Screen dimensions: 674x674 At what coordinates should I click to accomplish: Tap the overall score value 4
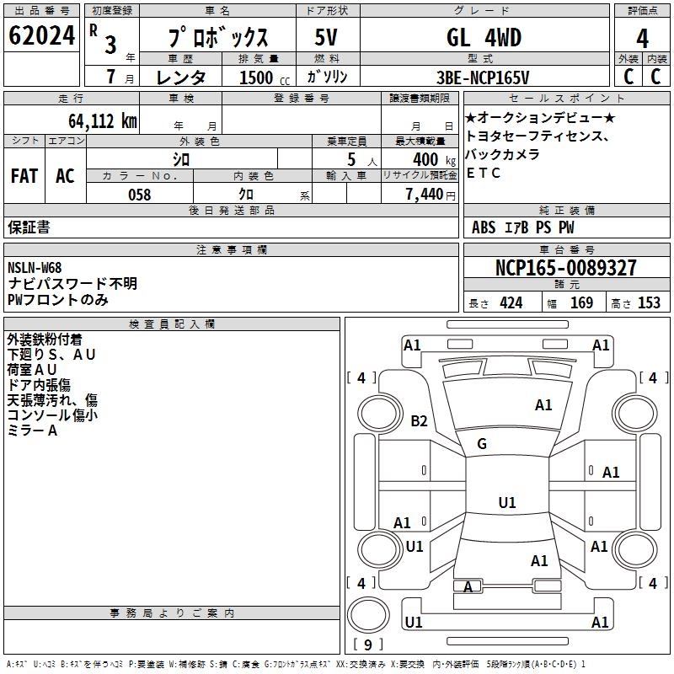(642, 39)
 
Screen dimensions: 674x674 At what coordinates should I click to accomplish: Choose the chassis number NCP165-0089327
(566, 268)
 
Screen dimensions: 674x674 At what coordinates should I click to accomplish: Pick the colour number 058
(139, 195)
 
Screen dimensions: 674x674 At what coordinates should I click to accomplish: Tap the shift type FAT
(24, 176)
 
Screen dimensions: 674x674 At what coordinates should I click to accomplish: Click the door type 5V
(328, 38)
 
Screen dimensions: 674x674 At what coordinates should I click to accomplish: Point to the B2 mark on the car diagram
(419, 421)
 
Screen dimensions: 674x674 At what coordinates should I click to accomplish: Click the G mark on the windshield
(482, 444)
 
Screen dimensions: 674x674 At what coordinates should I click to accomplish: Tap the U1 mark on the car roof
(507, 503)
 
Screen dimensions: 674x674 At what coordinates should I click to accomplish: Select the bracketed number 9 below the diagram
(368, 645)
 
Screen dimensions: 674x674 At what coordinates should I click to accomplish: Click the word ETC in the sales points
(484, 173)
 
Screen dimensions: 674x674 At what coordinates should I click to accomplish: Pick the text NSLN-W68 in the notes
(35, 268)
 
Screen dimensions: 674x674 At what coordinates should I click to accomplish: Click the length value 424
(511, 303)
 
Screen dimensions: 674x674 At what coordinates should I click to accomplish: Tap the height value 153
(649, 303)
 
